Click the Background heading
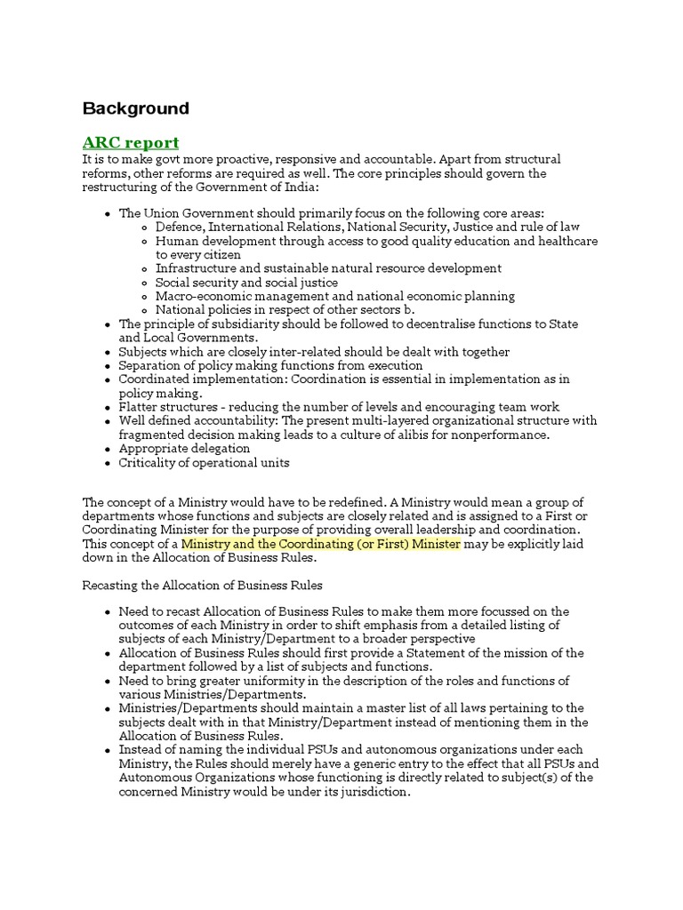coord(135,108)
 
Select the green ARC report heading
coord(130,142)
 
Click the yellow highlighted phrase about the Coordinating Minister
coord(320,544)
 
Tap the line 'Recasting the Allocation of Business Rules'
coord(202,586)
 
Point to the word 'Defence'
coord(179,227)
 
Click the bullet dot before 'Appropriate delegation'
coord(108,449)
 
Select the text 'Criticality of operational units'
coord(204,462)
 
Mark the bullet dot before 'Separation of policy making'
coord(108,365)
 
